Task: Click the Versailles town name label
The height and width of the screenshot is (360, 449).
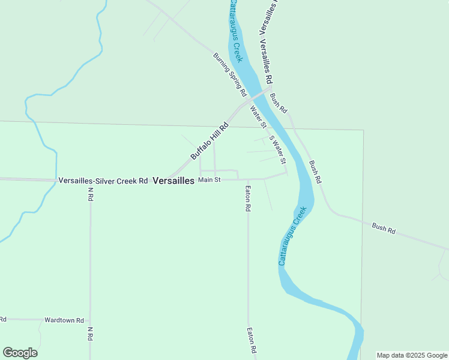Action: pyautogui.click(x=173, y=180)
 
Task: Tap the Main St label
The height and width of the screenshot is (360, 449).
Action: pyautogui.click(x=209, y=179)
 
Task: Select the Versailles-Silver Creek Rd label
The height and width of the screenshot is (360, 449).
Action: pyautogui.click(x=103, y=180)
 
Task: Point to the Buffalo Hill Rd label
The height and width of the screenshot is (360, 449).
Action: pyautogui.click(x=210, y=142)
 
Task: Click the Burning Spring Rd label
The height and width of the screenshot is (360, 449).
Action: pyautogui.click(x=230, y=75)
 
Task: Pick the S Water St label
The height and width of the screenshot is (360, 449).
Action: pyautogui.click(x=277, y=150)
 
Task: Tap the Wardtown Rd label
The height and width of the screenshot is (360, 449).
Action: pyautogui.click(x=64, y=320)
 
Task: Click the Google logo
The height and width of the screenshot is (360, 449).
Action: pyautogui.click(x=20, y=353)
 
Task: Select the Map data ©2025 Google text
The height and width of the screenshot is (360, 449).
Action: pyautogui.click(x=412, y=355)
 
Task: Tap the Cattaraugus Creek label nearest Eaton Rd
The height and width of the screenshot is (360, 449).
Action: pyautogui.click(x=292, y=236)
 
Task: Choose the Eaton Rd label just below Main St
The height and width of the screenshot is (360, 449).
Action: pyautogui.click(x=247, y=198)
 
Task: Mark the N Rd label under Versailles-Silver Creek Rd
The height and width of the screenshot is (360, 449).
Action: pyautogui.click(x=91, y=194)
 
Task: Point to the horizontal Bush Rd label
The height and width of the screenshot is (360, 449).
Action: pyautogui.click(x=384, y=228)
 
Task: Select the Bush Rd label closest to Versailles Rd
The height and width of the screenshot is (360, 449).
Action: pyautogui.click(x=279, y=103)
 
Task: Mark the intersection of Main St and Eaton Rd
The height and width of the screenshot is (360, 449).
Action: pyautogui.click(x=248, y=179)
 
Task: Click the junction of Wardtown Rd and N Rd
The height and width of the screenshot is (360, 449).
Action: pyautogui.click(x=90, y=320)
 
